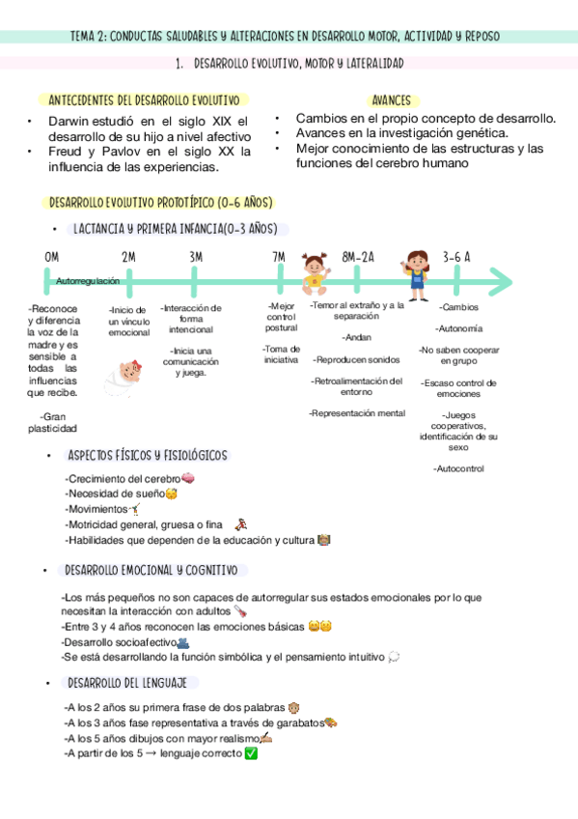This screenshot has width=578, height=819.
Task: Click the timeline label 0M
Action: click(51, 257)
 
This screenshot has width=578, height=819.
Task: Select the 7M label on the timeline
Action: click(279, 257)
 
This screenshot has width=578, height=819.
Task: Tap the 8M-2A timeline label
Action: click(358, 257)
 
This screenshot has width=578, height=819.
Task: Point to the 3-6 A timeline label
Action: click(456, 257)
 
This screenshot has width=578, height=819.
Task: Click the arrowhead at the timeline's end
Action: click(501, 282)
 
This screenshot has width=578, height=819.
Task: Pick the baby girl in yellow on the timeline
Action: click(315, 274)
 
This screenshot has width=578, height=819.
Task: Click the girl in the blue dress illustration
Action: click(417, 270)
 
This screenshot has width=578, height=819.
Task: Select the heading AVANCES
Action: click(391, 100)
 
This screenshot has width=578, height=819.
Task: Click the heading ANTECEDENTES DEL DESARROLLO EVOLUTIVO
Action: click(144, 100)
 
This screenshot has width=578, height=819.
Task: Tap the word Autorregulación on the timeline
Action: click(89, 280)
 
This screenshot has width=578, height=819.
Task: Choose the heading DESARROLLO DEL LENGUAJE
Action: click(126, 683)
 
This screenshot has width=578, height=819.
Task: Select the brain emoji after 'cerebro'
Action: click(189, 479)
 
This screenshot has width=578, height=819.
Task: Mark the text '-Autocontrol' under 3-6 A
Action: click(458, 468)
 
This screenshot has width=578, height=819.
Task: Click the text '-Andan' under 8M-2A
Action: click(356, 337)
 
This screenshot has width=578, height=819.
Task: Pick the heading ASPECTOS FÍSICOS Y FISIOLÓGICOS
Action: click(148, 455)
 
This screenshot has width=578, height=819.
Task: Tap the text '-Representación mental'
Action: click(357, 412)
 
